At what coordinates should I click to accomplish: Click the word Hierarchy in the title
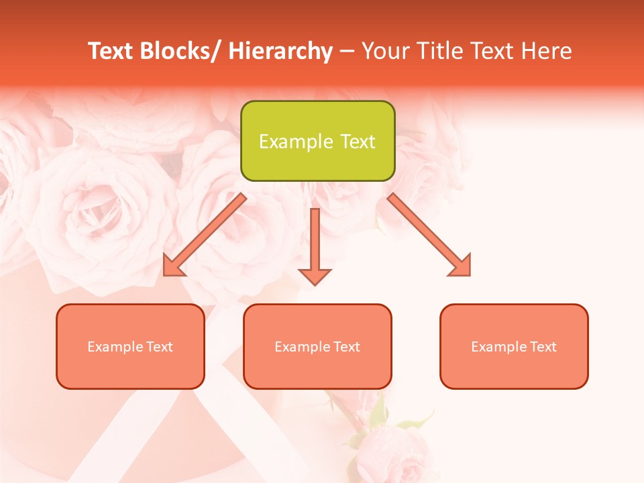[x=281, y=51]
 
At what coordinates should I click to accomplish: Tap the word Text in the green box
[x=357, y=142]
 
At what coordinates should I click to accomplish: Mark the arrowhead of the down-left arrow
[x=172, y=266]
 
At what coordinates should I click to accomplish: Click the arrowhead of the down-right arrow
[x=461, y=266]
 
